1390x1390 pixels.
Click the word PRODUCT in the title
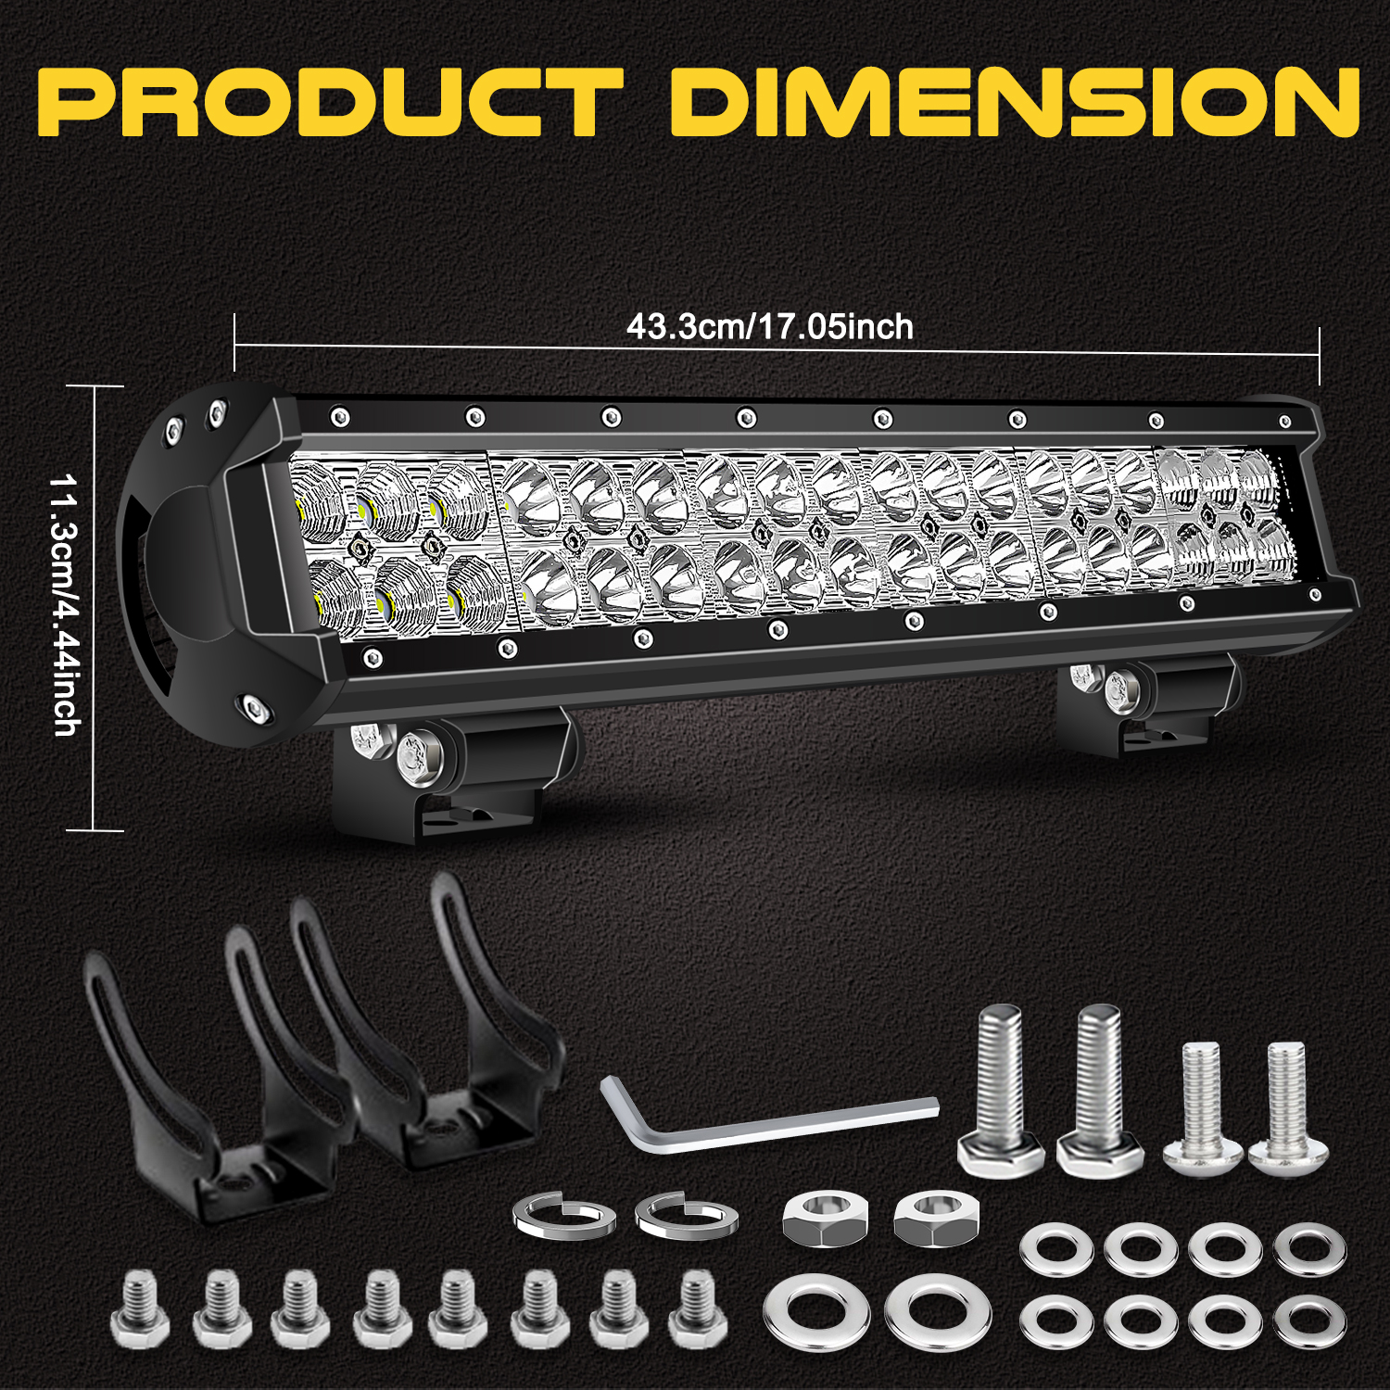[330, 101]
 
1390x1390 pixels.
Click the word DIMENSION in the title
[1015, 101]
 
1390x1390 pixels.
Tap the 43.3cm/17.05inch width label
[770, 327]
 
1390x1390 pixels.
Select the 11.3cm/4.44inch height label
[65, 606]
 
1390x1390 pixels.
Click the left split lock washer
[565, 1215]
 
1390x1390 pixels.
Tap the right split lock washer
[687, 1215]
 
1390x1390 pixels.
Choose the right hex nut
[937, 1218]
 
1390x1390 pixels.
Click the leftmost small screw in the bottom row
[140, 1309]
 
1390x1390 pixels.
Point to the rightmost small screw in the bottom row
[698, 1309]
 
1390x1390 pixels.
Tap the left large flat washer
[816, 1313]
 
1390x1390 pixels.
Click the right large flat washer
[937, 1313]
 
